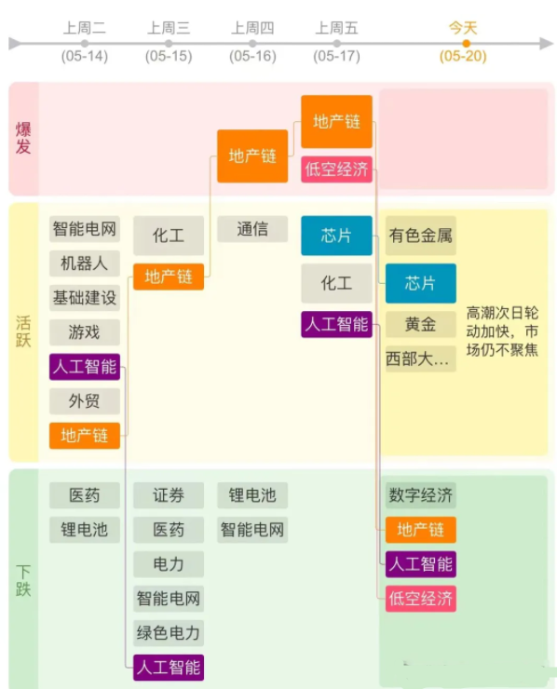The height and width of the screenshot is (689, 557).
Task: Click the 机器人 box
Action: point(85,263)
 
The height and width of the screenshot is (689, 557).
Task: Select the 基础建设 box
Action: point(85,298)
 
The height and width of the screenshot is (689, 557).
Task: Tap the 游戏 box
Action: point(85,332)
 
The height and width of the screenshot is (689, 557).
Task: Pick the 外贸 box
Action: point(85,401)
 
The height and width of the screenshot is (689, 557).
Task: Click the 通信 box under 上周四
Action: point(252,229)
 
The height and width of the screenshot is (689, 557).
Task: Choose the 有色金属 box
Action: point(421,236)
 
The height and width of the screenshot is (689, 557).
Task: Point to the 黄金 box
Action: point(421,324)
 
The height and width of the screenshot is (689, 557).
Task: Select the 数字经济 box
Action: point(421,495)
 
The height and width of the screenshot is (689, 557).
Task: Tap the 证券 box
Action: point(169,495)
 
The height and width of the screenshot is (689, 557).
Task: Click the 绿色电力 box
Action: point(169,633)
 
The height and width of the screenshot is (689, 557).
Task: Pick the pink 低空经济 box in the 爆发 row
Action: point(337,169)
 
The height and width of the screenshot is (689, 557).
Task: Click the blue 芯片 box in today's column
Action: point(421,283)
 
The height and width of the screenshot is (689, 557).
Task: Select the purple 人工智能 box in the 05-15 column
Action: point(169,668)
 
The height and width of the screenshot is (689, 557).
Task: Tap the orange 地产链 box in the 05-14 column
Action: point(85,436)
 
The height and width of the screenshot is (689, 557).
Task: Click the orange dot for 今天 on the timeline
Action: point(466,44)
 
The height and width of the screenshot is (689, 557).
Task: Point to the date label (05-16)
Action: point(252,56)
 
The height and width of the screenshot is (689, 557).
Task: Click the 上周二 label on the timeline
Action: point(85,28)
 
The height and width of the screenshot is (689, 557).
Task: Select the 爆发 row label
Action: point(23,138)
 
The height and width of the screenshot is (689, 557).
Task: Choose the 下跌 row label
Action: point(23,581)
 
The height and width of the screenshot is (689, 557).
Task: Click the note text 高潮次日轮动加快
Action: point(502,322)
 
